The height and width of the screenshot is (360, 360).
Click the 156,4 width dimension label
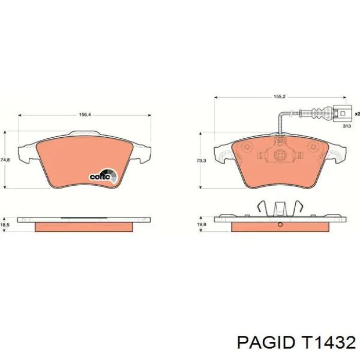pyautogui.click(x=85, y=115)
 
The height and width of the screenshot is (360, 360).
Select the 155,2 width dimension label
pyautogui.click(x=279, y=96)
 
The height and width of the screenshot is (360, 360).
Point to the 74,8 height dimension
pyautogui.click(x=5, y=160)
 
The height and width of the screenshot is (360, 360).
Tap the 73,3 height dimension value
pyautogui.click(x=201, y=161)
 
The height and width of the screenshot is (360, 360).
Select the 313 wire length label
pyautogui.click(x=347, y=126)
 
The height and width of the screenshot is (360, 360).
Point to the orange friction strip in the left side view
pyautogui.click(x=84, y=226)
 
